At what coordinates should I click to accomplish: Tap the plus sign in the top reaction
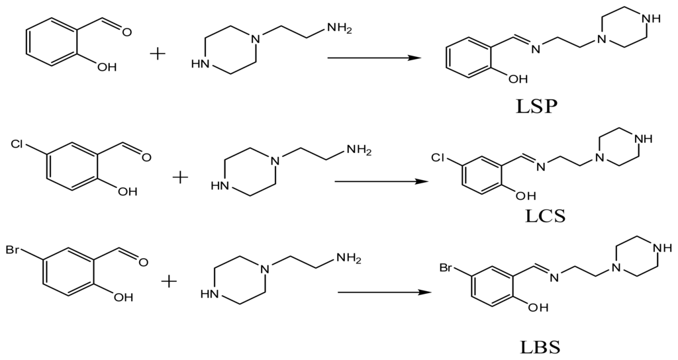pyautogui.click(x=158, y=53)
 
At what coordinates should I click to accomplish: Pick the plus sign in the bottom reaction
pyautogui.click(x=170, y=282)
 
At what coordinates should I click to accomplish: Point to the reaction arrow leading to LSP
pyautogui.click(x=375, y=58)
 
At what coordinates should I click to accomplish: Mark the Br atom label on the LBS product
pyautogui.click(x=449, y=268)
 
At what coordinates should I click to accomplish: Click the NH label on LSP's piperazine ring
pyautogui.click(x=654, y=19)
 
